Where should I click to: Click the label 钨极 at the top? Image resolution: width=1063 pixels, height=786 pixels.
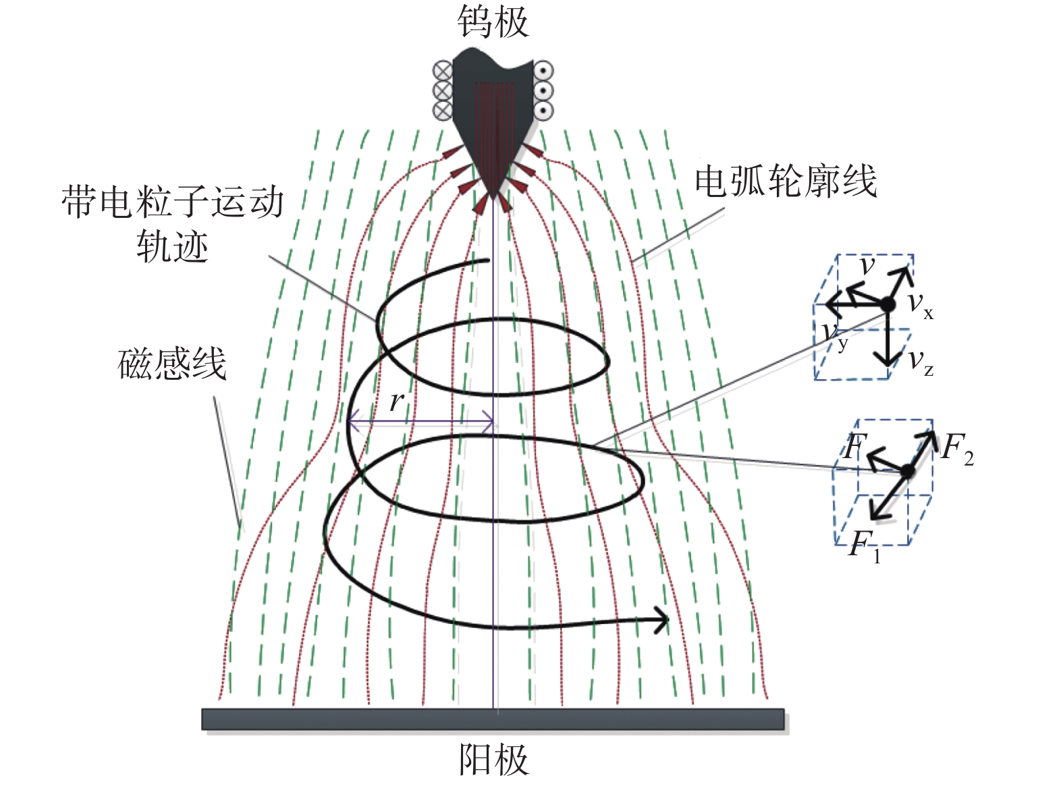[493, 22]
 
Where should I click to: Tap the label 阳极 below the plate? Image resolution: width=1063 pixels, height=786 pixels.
[493, 760]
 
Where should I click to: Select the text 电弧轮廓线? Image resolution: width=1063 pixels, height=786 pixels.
[786, 181]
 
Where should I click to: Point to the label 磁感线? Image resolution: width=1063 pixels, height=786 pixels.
[172, 364]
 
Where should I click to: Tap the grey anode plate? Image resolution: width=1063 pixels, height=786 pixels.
[493, 719]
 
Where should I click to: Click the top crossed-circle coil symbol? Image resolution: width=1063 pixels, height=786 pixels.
[443, 70]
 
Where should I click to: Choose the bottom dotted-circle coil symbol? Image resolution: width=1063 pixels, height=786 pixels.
[543, 111]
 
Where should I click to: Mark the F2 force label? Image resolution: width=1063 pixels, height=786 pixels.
[958, 449]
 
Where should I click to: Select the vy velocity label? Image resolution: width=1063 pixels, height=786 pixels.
[836, 335]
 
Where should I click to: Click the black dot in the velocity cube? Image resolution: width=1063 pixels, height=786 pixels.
[888, 305]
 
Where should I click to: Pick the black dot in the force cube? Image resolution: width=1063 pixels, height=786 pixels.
[907, 470]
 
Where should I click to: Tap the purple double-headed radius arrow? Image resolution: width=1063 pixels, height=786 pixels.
[421, 424]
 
